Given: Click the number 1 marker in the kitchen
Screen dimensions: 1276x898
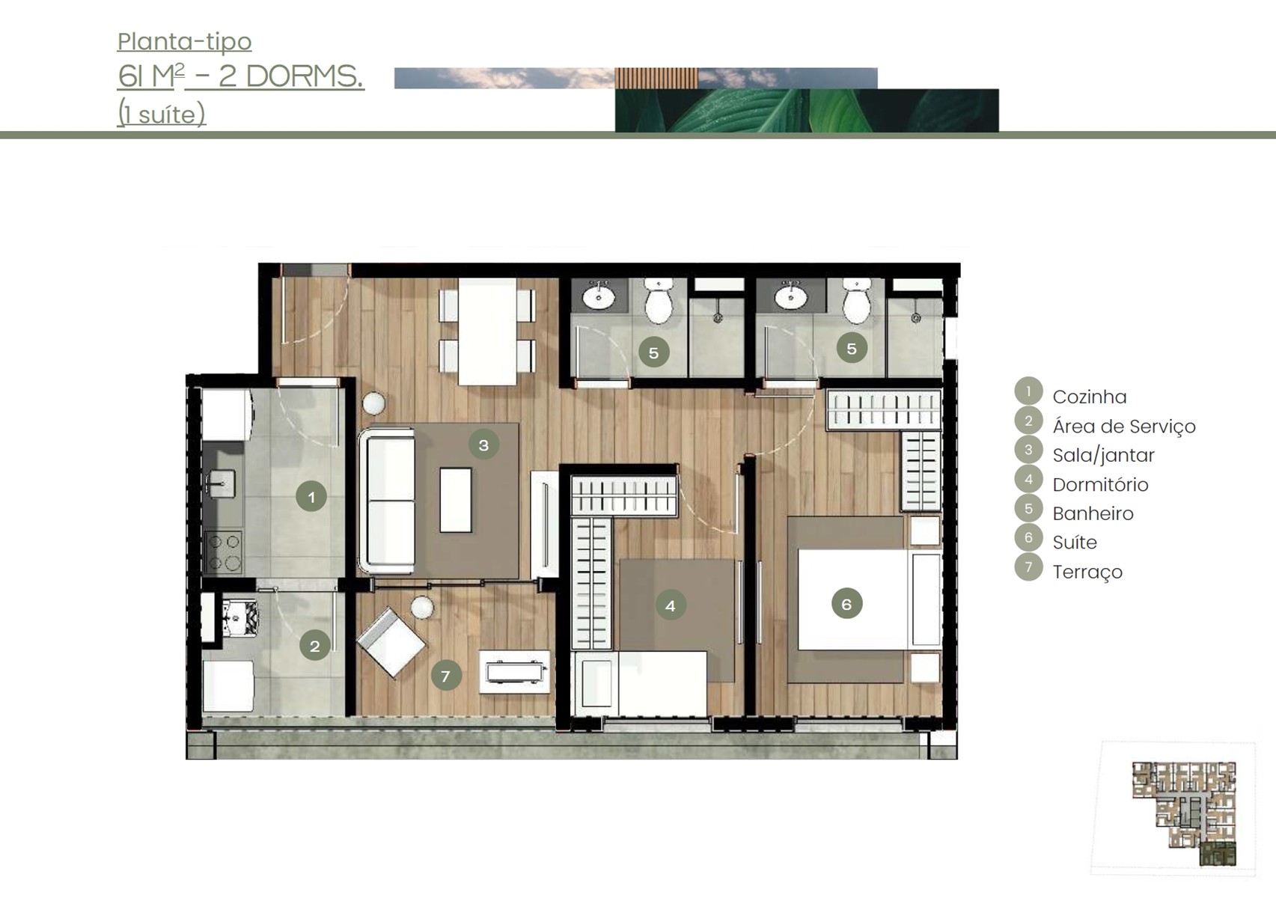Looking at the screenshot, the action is (311, 496).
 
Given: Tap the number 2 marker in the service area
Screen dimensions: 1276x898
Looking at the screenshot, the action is (314, 645).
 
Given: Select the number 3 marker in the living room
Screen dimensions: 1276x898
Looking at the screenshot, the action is (483, 445).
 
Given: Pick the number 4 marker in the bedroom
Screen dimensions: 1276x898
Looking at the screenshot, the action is (671, 605).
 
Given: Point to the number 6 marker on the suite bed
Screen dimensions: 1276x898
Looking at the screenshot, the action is (846, 604).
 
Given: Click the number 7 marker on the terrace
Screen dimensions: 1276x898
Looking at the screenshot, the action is (446, 675).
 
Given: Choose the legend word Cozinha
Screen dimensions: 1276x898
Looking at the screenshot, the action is (1089, 397).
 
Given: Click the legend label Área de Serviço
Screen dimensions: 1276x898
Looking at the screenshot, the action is (1124, 427).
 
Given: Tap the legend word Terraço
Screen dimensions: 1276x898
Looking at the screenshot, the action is (1087, 572).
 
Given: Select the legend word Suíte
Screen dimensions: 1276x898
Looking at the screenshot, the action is (1075, 542).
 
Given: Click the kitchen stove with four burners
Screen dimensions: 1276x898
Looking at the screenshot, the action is (223, 552).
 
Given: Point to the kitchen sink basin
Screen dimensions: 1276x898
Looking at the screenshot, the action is (220, 483).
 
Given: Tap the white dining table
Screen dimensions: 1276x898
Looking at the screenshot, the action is (488, 332).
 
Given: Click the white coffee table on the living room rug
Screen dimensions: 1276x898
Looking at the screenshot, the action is (456, 500).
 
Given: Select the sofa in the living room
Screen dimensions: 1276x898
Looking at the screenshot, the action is (387, 501).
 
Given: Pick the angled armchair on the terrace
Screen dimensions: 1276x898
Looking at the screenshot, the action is (391, 643).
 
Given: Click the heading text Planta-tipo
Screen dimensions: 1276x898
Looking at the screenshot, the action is (185, 42).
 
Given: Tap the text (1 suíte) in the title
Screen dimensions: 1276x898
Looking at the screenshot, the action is (161, 114).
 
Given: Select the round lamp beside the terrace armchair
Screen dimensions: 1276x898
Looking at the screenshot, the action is (422, 608).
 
